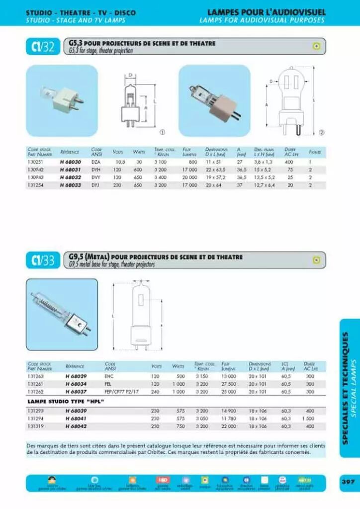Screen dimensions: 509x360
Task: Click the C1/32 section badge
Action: pos(43,47)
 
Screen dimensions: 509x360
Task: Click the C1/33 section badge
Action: pos(43,260)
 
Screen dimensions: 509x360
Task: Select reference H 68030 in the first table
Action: pos(70,162)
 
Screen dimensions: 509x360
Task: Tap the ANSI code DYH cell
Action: pos(95,170)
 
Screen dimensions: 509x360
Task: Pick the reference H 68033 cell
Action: pos(70,185)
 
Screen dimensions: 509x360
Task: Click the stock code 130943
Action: pos(35,177)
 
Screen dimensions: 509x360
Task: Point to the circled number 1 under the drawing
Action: pos(162,132)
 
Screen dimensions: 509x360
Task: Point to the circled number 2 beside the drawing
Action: pos(321,132)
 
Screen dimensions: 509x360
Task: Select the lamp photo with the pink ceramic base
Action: pos(214,100)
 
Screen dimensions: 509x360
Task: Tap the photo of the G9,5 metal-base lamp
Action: pos(62,314)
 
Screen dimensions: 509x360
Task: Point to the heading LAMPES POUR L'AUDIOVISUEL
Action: pos(266,12)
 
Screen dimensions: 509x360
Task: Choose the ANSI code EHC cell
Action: pos(110,376)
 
